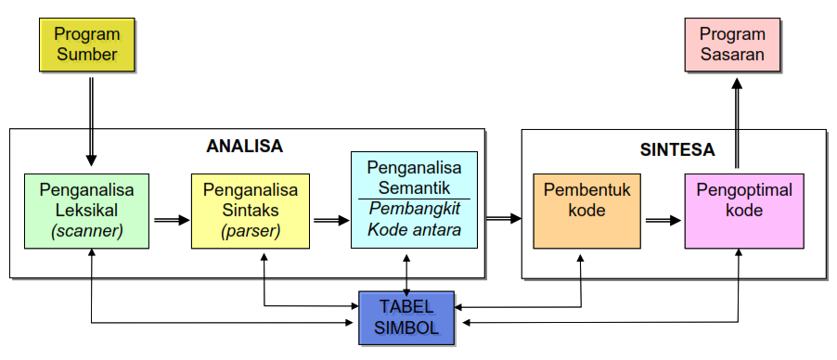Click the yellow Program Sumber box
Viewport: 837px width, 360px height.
(87, 45)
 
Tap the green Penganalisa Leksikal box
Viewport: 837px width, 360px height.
(87, 210)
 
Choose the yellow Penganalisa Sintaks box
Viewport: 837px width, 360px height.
(251, 210)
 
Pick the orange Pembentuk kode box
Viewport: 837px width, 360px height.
(586, 210)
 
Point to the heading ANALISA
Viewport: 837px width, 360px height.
(244, 146)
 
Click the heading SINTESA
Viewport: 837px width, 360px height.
(676, 148)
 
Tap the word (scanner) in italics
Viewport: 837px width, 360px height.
(87, 230)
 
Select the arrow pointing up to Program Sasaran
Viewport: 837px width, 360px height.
(737, 121)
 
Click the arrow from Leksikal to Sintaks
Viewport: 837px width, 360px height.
(171, 220)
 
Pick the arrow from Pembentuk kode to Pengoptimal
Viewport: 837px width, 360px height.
(663, 220)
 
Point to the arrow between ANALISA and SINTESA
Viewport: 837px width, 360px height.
(504, 218)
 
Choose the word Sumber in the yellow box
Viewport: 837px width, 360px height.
(87, 55)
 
